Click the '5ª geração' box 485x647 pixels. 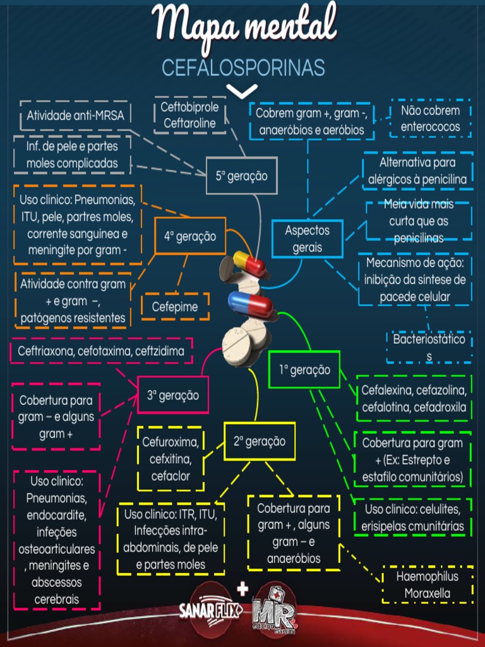[241, 176]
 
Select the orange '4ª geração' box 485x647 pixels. [190, 236]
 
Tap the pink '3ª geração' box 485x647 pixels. [172, 396]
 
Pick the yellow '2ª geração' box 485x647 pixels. [259, 441]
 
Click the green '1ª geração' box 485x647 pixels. [304, 370]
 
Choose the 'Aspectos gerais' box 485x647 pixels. [308, 239]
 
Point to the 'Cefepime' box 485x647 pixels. [175, 307]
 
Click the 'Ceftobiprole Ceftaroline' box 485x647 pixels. [189, 115]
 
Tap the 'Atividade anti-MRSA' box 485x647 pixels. [75, 116]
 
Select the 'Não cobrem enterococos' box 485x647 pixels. [430, 118]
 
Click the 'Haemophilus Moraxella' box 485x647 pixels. [428, 585]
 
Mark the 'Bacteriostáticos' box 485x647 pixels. [429, 348]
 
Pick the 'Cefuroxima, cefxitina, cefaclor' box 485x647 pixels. [171, 459]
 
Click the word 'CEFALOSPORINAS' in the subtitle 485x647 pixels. [243, 68]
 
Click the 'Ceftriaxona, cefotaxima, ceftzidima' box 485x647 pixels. [101, 351]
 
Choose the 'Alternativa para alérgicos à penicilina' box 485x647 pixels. [417, 171]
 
